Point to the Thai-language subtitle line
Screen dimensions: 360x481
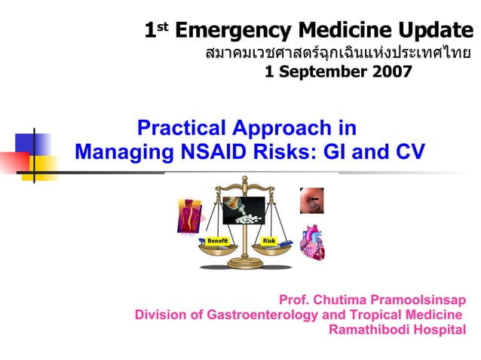click(339, 53)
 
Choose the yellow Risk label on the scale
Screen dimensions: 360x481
click(269, 240)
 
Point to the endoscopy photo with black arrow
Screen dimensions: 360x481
click(311, 201)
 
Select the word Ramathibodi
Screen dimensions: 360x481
click(371, 329)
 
